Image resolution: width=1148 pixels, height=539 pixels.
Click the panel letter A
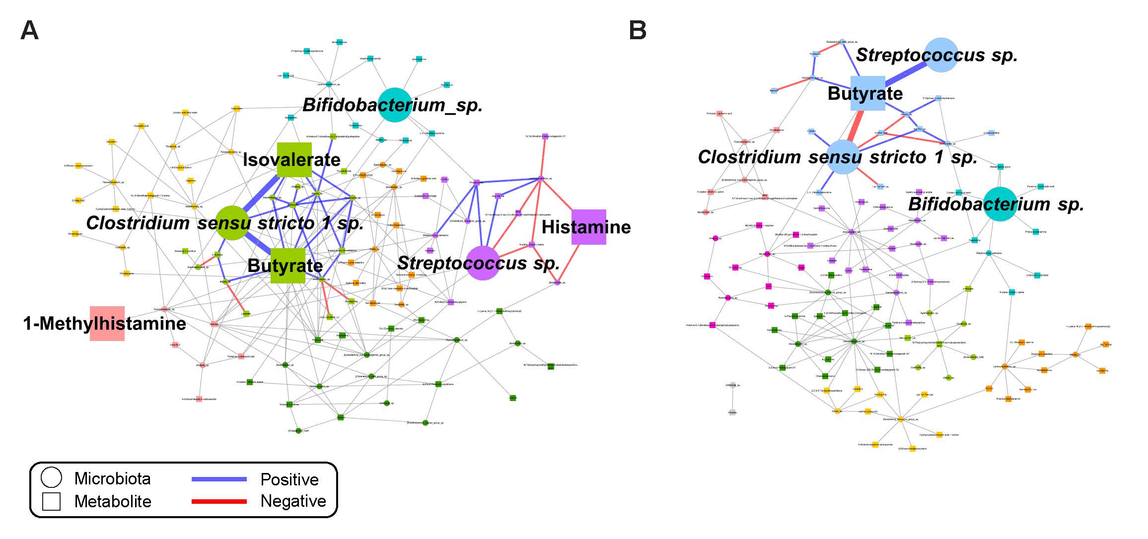coord(29,30)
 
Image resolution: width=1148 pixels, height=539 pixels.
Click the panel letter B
coord(638,30)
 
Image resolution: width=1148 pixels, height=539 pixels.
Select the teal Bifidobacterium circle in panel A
coord(395,105)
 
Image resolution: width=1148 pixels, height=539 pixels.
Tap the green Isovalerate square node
coord(294,160)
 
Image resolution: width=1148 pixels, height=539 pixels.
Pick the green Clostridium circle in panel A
coord(232,223)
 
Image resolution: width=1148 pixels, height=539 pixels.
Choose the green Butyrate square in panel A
coord(288,266)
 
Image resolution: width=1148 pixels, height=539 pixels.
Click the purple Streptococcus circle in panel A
coord(482,263)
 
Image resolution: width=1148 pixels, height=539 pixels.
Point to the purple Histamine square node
coord(588,227)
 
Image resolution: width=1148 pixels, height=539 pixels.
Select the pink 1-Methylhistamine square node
coord(107,324)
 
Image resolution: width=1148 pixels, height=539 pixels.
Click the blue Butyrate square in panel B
coord(867,93)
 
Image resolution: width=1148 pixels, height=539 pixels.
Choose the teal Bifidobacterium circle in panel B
coord(1000,204)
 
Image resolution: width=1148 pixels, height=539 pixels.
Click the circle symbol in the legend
coord(51,477)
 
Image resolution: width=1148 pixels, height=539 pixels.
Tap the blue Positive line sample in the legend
coord(219,479)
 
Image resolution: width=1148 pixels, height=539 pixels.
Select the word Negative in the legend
coord(293,501)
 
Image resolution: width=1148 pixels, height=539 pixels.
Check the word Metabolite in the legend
coord(113,501)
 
